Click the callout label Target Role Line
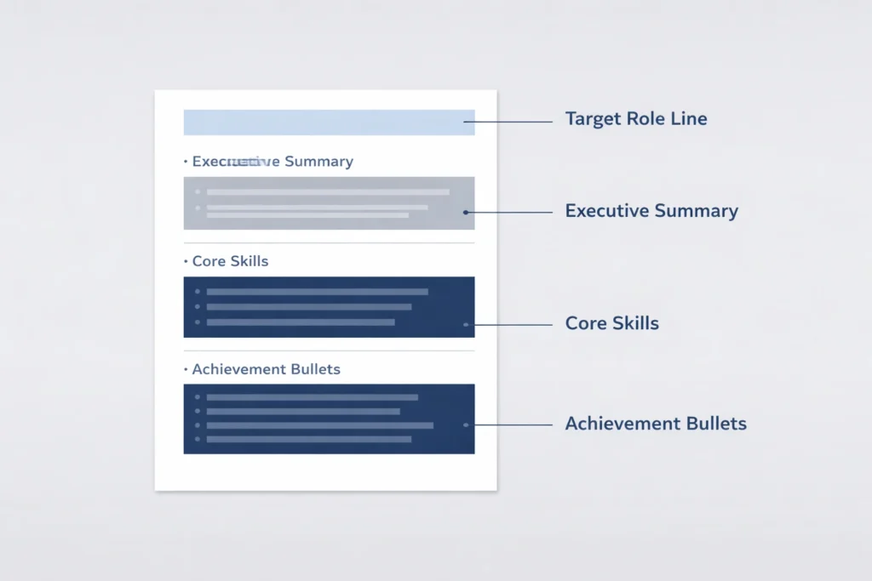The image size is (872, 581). (635, 118)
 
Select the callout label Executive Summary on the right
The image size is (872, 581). (651, 211)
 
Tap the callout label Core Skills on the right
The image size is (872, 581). (611, 323)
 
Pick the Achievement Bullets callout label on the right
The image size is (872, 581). (656, 423)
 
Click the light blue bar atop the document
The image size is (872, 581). (329, 122)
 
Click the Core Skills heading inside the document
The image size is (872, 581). (230, 261)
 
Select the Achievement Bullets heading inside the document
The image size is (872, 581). (266, 369)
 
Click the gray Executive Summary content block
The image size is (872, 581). (329, 203)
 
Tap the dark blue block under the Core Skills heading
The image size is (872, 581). (329, 307)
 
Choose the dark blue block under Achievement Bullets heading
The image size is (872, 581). (329, 419)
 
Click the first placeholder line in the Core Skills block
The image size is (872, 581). (317, 292)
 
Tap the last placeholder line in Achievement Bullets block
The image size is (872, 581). (308, 439)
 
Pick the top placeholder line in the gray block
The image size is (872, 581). (328, 192)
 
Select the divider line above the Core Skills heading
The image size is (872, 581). (329, 243)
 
